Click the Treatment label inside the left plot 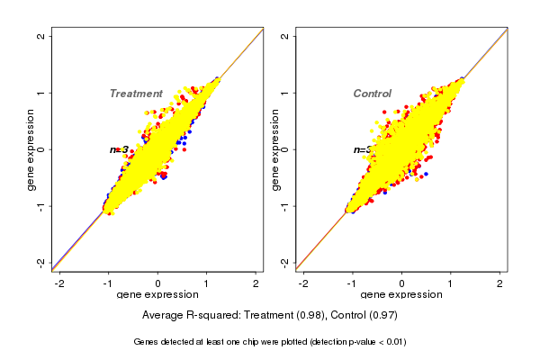[136, 94]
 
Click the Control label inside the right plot [372, 94]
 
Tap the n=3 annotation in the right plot [362, 149]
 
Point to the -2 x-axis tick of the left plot [60, 283]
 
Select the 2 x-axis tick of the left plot [256, 283]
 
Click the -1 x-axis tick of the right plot [353, 283]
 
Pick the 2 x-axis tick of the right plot [500, 283]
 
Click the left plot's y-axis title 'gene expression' [31, 149]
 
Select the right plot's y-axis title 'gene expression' [274, 149]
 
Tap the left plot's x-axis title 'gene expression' [157, 295]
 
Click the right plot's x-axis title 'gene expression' [401, 295]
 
